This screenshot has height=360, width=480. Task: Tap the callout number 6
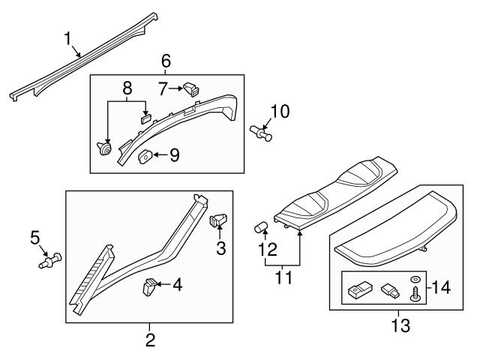166,60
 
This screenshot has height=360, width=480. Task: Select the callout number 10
279,112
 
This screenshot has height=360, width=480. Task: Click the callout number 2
150,340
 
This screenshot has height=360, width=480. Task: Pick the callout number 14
444,286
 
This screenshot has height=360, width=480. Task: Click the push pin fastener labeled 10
260,132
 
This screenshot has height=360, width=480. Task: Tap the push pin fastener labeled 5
51,260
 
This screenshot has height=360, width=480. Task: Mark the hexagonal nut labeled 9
147,157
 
